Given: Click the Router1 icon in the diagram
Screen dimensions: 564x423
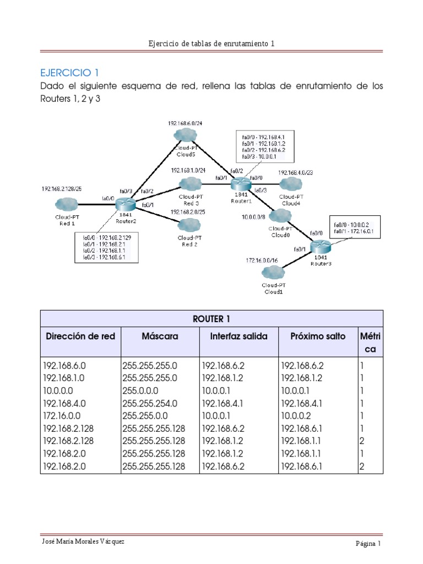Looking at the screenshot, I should point(240,182).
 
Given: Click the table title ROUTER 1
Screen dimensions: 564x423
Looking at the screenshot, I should point(212,319).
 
